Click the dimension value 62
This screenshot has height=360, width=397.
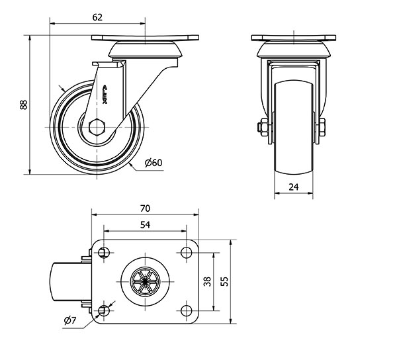tap(97, 18)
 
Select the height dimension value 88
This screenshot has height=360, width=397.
tap(24, 105)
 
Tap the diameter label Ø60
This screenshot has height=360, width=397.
tap(152, 163)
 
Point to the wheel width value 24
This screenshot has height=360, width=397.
tap(294, 187)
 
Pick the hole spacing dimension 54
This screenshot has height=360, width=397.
tap(146, 225)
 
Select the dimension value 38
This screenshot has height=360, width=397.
tap(207, 281)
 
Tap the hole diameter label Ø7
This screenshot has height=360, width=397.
tap(72, 322)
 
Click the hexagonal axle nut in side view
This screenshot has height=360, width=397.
tap(97, 126)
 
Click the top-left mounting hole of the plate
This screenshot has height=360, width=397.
tap(103, 251)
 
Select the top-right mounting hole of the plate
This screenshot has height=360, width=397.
tap(186, 251)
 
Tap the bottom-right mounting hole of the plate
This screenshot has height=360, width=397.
tap(186, 311)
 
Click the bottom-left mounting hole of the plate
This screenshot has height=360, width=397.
tap(103, 311)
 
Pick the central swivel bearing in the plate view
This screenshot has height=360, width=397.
tap(144, 281)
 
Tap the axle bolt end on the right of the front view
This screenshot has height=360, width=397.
tap(323, 128)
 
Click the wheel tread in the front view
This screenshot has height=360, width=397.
tap(293, 126)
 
